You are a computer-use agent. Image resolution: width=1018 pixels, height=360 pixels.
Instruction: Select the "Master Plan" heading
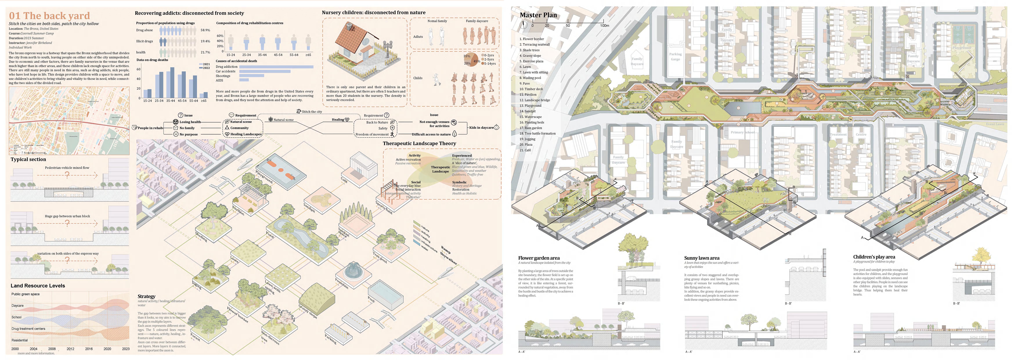538,15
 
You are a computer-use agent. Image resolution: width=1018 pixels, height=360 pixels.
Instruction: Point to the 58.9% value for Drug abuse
205,30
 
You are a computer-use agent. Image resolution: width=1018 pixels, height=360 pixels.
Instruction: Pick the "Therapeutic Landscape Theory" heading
419,143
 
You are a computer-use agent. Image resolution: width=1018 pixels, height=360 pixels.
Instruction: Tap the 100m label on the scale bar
605,26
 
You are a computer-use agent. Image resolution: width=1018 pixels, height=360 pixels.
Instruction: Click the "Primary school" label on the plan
743,132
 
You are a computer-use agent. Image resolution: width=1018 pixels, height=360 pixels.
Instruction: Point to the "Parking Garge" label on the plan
675,56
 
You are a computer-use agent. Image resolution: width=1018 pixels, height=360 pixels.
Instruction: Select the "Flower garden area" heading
539,258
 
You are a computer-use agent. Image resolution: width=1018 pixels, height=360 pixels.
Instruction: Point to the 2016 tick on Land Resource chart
89,349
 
